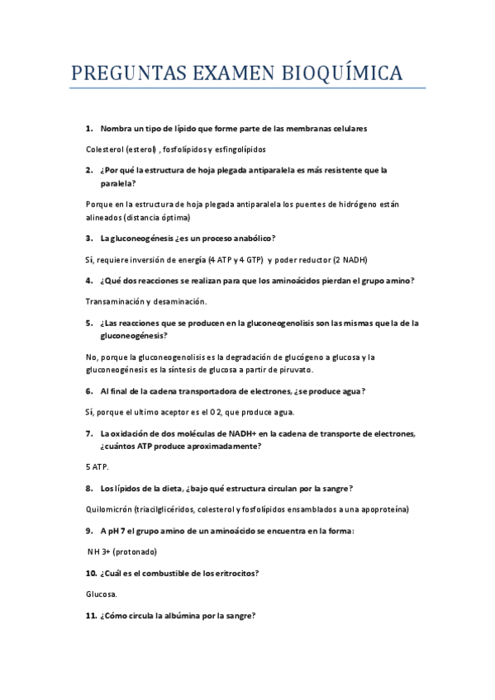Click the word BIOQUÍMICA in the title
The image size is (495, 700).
coord(340,73)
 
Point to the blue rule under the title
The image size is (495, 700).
coord(248,87)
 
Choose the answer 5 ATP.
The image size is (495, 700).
coord(98,466)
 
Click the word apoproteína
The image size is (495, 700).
coord(383,508)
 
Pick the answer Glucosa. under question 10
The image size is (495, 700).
coord(102,594)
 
